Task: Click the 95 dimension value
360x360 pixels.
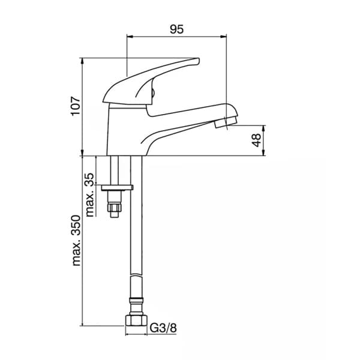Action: tap(176, 29)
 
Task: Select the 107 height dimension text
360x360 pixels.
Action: tap(74, 107)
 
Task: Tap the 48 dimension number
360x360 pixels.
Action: tap(256, 140)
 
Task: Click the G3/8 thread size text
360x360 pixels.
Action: tap(163, 328)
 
